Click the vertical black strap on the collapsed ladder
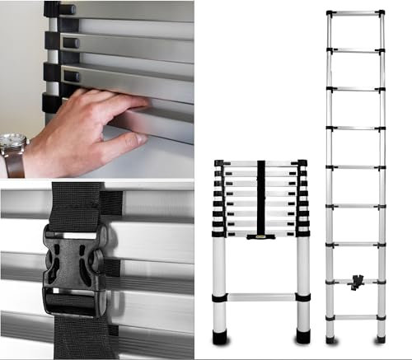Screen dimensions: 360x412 261,198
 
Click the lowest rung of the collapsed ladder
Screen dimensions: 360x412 260,297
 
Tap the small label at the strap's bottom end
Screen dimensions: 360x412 261,236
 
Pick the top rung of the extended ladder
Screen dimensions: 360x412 355,13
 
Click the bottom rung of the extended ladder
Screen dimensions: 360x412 355,317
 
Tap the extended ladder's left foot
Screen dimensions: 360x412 330,339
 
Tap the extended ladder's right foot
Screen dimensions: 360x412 381,339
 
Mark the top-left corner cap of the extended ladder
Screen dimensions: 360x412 330,13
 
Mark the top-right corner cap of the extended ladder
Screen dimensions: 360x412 381,13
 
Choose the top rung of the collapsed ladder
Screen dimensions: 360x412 260,163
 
